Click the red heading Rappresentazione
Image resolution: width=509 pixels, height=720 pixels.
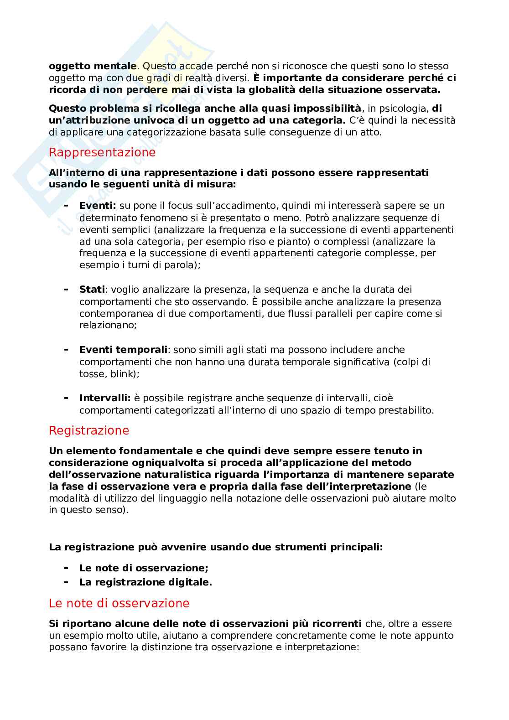[102, 152]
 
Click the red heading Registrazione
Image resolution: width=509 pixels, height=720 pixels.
[89, 430]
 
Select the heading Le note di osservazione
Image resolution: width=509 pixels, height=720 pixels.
[119, 603]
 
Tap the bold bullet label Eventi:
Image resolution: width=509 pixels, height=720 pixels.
[98, 206]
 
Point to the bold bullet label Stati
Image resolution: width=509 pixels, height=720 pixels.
[92, 290]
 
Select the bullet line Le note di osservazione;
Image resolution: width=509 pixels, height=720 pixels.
[144, 568]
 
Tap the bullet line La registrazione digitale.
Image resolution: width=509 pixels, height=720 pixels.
[145, 582]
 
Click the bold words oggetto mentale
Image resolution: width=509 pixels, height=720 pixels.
[92, 66]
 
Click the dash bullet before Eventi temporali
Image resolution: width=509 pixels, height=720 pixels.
[66, 350]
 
